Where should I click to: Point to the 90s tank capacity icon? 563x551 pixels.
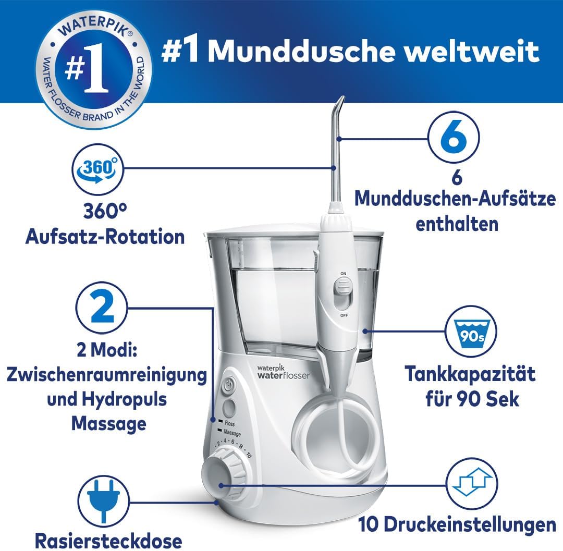point(471,331)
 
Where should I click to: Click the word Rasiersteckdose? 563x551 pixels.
point(108,541)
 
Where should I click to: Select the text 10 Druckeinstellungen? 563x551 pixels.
point(457,525)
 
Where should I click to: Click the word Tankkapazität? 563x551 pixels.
point(470,374)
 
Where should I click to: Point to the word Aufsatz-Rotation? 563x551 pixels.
point(105,237)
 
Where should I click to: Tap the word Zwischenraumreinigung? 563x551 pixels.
point(107,375)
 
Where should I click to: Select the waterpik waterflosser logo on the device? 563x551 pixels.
point(283,372)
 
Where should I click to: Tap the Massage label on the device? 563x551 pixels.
point(232,433)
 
